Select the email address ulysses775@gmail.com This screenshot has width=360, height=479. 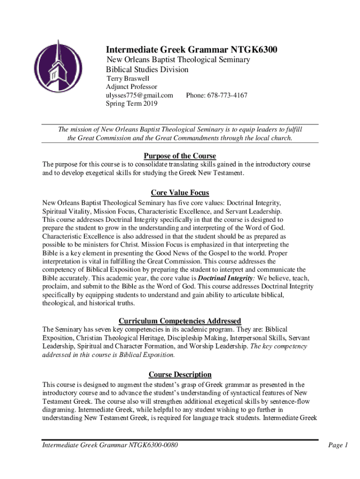point(139,95)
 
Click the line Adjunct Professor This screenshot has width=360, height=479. point(132,87)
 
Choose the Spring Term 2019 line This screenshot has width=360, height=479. point(132,104)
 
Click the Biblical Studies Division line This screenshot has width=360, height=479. point(147,69)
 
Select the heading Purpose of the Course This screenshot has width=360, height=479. point(180,156)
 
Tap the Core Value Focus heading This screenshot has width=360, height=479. point(180,193)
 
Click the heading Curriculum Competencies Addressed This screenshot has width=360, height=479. point(180,321)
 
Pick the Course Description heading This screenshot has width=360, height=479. point(180,374)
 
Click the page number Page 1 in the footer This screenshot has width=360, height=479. point(338,445)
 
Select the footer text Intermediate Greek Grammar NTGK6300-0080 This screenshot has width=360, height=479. point(110,445)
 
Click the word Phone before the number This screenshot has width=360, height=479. point(195,95)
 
